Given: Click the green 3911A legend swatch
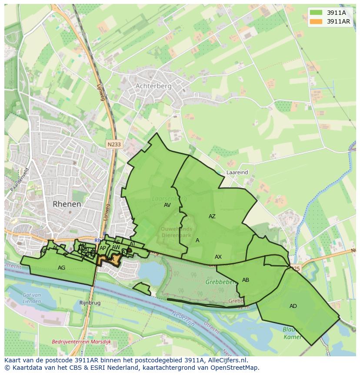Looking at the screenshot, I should [x=316, y=13].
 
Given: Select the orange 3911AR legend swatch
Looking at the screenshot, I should [x=316, y=21].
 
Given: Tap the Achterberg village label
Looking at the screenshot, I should [x=153, y=86].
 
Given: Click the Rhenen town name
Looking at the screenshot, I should [x=67, y=204].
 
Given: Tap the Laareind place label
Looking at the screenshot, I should [x=237, y=172].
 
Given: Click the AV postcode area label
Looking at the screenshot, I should [x=167, y=205].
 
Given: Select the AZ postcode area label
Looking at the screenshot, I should [x=212, y=216].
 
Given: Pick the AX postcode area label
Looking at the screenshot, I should [x=218, y=257].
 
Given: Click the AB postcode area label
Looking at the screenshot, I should [x=246, y=280].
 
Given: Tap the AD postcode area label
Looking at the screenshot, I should [x=293, y=306].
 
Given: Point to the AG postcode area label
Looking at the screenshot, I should [x=61, y=268].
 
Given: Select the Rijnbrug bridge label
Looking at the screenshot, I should [x=90, y=302].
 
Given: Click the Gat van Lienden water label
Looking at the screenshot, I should [x=32, y=298].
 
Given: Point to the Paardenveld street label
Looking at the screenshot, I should [x=20, y=179].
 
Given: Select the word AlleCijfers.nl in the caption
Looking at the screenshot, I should [x=227, y=360].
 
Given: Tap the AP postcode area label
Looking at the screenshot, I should [x=103, y=248].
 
